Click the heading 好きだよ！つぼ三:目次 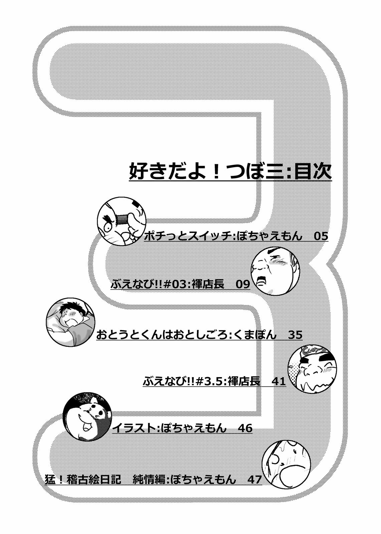pyautogui.click(x=230, y=172)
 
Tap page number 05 pyautogui.click(x=321, y=236)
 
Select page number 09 pyautogui.click(x=243, y=284)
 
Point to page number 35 pyautogui.click(x=296, y=335)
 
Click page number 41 pyautogui.click(x=278, y=381)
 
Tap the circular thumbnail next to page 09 pyautogui.click(x=275, y=271)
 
